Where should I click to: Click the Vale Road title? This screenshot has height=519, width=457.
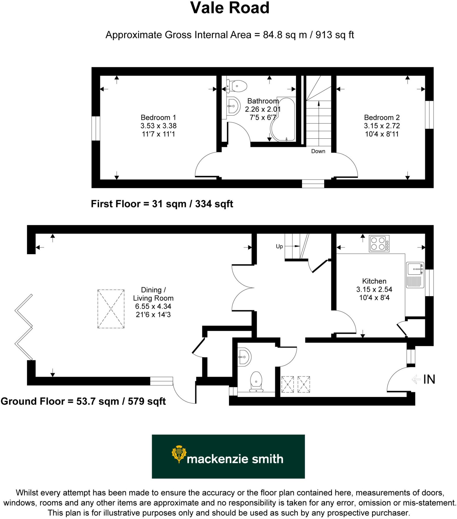coord(230,8)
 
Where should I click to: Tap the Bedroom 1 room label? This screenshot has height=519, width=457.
coord(158,118)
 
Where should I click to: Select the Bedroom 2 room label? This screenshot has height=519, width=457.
coord(382,118)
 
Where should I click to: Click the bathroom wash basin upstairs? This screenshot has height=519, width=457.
coord(233,106)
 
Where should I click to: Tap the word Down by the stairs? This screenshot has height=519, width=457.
coord(318,151)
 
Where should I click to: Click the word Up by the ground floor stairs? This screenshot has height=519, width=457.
coord(279,247)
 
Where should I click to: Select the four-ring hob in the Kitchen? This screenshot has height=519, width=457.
coord(379,244)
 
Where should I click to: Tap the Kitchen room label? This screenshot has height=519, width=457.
coord(374,281)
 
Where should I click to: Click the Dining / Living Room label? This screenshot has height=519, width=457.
coord(153,294)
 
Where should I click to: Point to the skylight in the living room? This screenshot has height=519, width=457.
coord(111,309)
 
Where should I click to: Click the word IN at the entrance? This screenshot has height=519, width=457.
coord(429,379)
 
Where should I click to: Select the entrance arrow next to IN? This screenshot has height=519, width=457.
coord(416,379)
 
